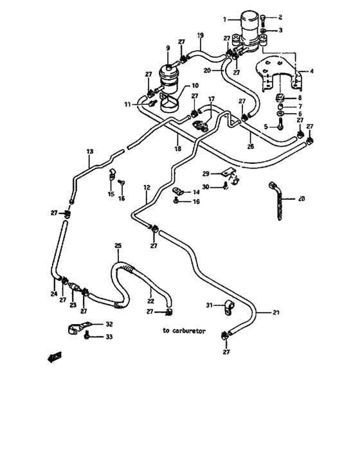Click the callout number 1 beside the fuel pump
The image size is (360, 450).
coord(225,19)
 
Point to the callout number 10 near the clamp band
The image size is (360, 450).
coord(194,85)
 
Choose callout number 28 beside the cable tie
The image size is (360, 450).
coord(302,199)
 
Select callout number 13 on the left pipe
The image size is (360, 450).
coord(89,152)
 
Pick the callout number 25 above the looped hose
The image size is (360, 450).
coord(118,246)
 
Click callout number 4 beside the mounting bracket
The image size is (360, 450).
coord(312,71)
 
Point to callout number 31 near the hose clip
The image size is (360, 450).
coord(210,304)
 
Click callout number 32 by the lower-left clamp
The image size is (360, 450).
coord(109,324)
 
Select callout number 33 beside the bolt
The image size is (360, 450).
coord(109,337)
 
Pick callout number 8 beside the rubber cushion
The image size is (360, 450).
coord(300,98)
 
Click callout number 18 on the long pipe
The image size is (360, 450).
coord(178,148)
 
